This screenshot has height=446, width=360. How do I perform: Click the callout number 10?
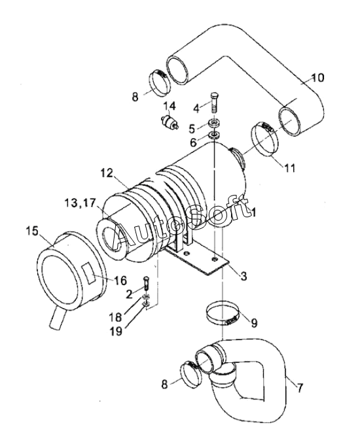pyautogui.click(x=317, y=78)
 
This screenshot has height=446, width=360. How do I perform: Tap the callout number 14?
pyautogui.click(x=170, y=106)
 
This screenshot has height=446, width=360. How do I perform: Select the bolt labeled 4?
pyautogui.click(x=215, y=103)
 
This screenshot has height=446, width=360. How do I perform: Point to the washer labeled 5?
pyautogui.click(x=215, y=124)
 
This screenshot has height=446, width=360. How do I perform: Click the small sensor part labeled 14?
pyautogui.click(x=169, y=122)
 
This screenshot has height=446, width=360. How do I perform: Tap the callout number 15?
pyautogui.click(x=32, y=231)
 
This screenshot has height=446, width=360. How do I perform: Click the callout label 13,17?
pyautogui.click(x=79, y=203)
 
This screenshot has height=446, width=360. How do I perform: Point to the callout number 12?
pyautogui.click(x=106, y=173)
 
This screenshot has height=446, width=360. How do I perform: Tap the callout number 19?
pyautogui.click(x=117, y=331)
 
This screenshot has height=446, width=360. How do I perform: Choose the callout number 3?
pyautogui.click(x=243, y=276)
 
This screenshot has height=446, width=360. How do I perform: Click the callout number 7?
pyautogui.click(x=300, y=388)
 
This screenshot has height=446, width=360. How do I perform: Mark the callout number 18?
pyautogui.click(x=115, y=317)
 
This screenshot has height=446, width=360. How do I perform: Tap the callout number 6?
pyautogui.click(x=193, y=142)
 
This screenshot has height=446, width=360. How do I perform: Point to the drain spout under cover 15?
pyautogui.click(x=57, y=318)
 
